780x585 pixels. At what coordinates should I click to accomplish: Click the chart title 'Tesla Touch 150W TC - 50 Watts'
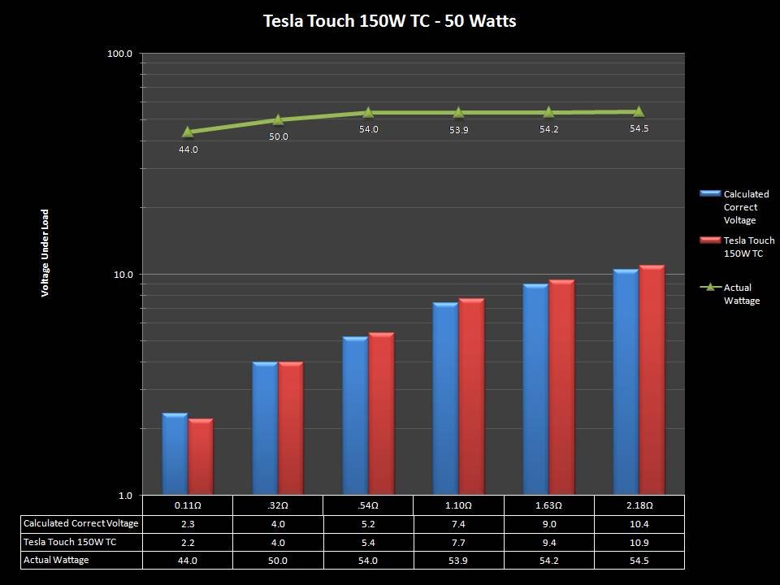click(x=389, y=21)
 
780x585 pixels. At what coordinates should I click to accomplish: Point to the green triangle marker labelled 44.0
click(x=188, y=132)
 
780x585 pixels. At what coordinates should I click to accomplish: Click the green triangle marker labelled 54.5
click(x=639, y=111)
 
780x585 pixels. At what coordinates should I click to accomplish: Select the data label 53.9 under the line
click(x=458, y=130)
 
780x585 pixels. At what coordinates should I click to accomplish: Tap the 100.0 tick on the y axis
click(x=120, y=54)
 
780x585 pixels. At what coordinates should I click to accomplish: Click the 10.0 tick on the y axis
click(x=123, y=275)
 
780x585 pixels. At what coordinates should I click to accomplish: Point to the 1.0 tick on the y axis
click(x=125, y=496)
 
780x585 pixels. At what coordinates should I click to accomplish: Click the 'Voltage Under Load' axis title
click(x=45, y=253)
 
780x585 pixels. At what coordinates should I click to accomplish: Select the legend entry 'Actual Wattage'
click(x=741, y=294)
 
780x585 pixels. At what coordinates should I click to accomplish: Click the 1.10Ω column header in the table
click(x=458, y=505)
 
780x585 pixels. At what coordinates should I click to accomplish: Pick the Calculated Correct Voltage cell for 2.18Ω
click(x=639, y=523)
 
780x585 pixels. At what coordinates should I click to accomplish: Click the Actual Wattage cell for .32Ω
click(x=278, y=560)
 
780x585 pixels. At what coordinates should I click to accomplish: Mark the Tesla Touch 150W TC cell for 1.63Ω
click(x=548, y=542)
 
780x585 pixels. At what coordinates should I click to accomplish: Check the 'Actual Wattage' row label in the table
click(x=55, y=560)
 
